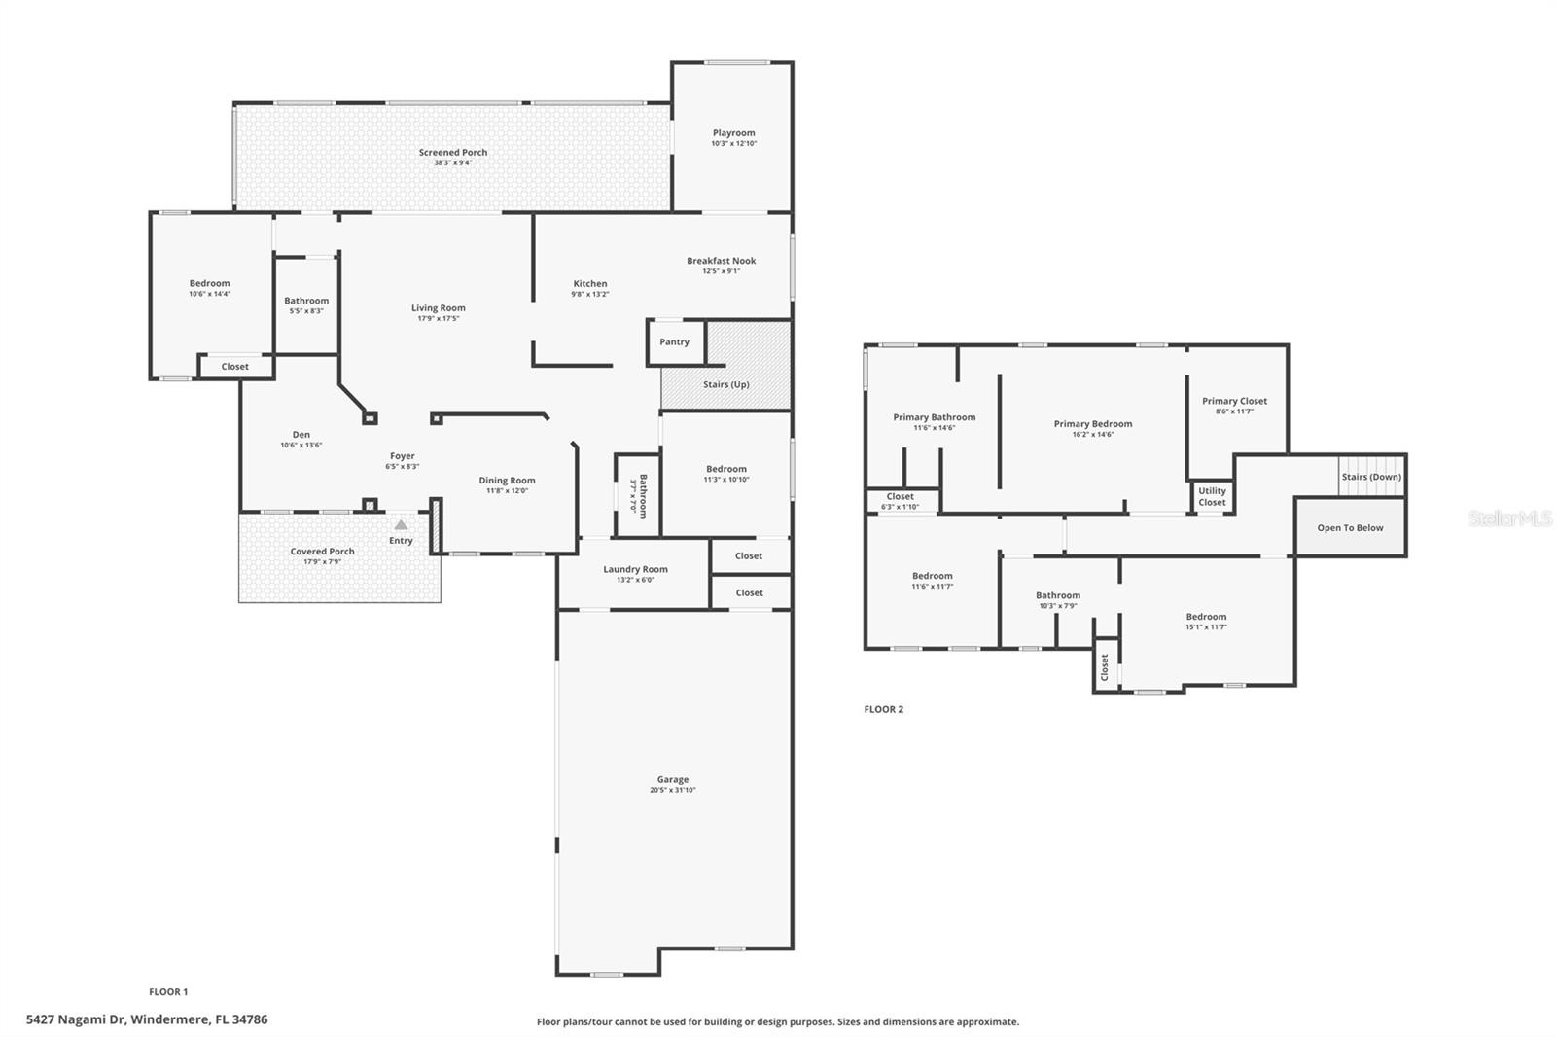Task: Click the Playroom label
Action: click(733, 133)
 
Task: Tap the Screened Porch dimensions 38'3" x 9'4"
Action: click(453, 163)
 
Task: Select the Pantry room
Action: click(675, 342)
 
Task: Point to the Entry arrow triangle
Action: click(401, 525)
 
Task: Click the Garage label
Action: click(672, 779)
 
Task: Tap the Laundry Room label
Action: click(635, 569)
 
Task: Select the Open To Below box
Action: click(1350, 528)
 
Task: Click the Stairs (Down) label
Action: click(1371, 477)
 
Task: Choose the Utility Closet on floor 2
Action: click(1212, 496)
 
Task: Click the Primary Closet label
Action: click(1234, 401)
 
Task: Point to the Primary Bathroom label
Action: click(934, 417)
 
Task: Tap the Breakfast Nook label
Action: click(721, 261)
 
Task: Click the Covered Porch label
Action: click(322, 552)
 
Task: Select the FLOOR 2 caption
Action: click(883, 709)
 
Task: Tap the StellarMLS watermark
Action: click(1509, 518)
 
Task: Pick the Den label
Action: click(301, 435)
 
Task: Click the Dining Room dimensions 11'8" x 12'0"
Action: click(507, 491)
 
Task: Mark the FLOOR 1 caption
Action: click(168, 992)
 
